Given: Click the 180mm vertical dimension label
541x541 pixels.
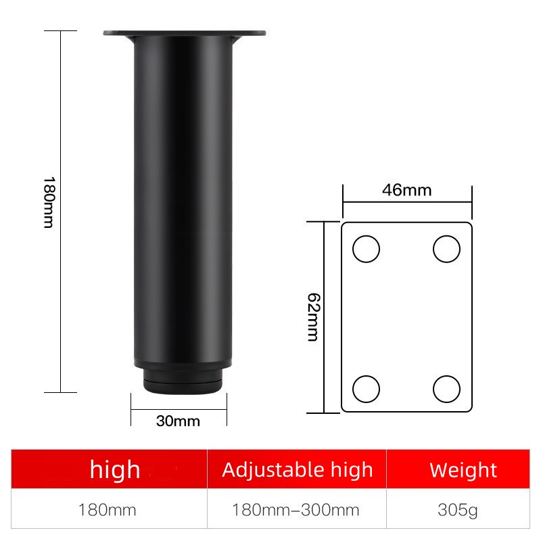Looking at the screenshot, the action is pos(49,202).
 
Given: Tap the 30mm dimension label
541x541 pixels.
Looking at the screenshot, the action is pos(178,421).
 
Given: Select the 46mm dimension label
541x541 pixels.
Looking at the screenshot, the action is pos(407,190).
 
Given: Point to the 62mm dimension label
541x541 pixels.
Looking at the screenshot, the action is pos(314,317).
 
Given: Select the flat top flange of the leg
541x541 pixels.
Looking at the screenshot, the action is pos(185,33).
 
